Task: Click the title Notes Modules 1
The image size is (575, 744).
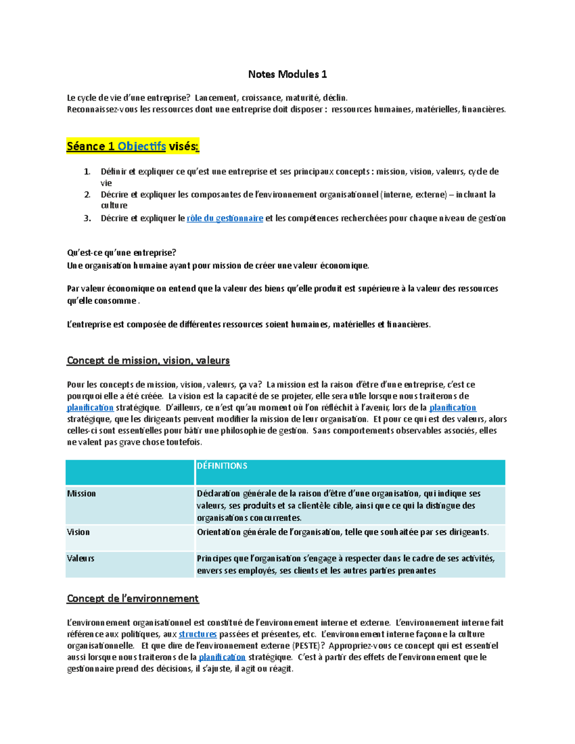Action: click(x=287, y=74)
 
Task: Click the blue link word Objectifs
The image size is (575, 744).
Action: click(x=142, y=147)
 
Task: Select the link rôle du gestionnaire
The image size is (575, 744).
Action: click(x=225, y=218)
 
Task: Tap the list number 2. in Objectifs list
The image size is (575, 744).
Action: click(x=87, y=195)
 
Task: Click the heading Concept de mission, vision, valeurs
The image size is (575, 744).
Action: click(x=148, y=361)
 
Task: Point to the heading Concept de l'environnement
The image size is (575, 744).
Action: click(x=133, y=598)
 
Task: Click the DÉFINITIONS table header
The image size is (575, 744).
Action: click(x=222, y=466)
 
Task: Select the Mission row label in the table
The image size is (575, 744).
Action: click(x=81, y=493)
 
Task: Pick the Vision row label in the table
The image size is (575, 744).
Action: click(x=79, y=532)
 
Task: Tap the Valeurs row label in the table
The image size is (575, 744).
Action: click(x=80, y=559)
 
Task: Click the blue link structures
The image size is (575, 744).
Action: click(x=197, y=634)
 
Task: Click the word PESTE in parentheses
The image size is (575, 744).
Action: click(x=306, y=646)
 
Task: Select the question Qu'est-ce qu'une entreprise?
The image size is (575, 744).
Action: click(x=122, y=253)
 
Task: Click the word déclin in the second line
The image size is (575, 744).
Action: click(x=334, y=98)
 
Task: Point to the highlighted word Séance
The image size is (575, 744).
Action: click(x=87, y=147)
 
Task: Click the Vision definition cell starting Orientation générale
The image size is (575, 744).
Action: click(x=343, y=532)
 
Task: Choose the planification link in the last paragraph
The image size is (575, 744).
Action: click(x=222, y=657)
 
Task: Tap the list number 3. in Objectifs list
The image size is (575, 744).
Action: click(x=87, y=218)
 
